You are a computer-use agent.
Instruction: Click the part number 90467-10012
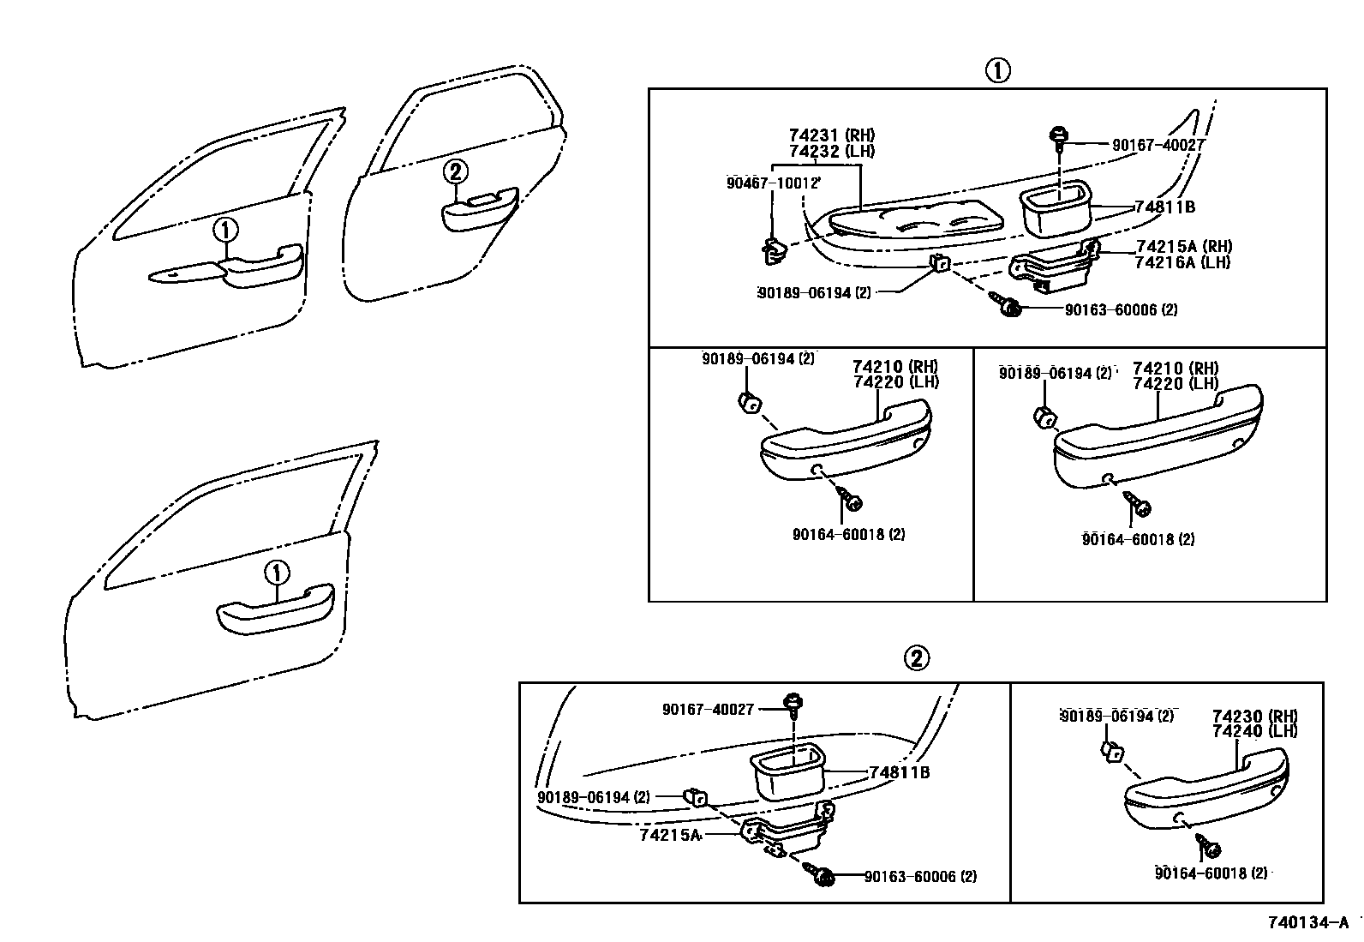(x=774, y=183)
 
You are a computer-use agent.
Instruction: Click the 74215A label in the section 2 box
(x=670, y=834)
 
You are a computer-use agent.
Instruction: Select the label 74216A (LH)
(x=1182, y=262)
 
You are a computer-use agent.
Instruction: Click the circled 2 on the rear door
(x=456, y=172)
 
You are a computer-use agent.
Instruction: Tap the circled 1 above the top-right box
(x=996, y=70)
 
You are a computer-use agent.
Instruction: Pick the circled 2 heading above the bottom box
(x=915, y=658)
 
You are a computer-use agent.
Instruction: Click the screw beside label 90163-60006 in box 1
(x=1007, y=306)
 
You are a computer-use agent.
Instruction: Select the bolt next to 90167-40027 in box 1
(x=1059, y=137)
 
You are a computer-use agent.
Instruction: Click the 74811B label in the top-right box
(x=1164, y=207)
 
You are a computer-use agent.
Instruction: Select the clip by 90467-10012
(x=773, y=251)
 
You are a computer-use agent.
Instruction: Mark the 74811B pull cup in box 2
(x=787, y=772)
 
